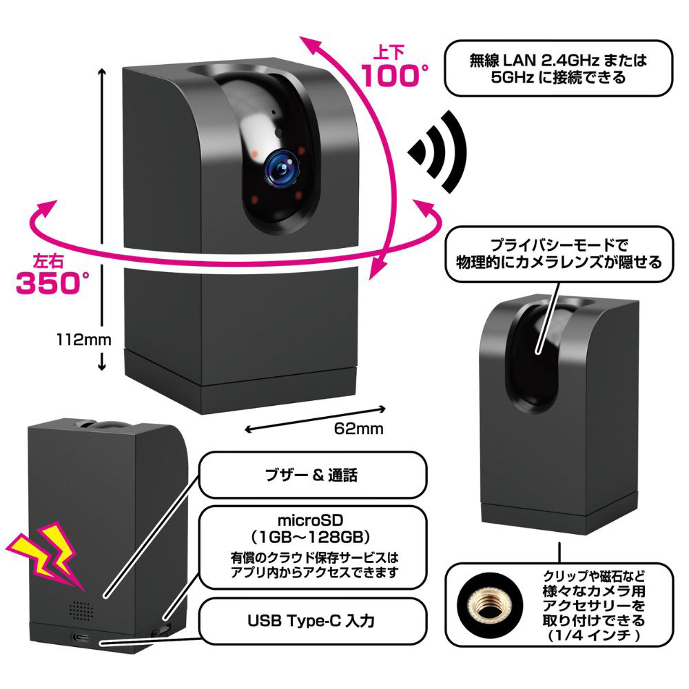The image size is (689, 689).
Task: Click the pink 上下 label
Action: [x=387, y=51]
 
